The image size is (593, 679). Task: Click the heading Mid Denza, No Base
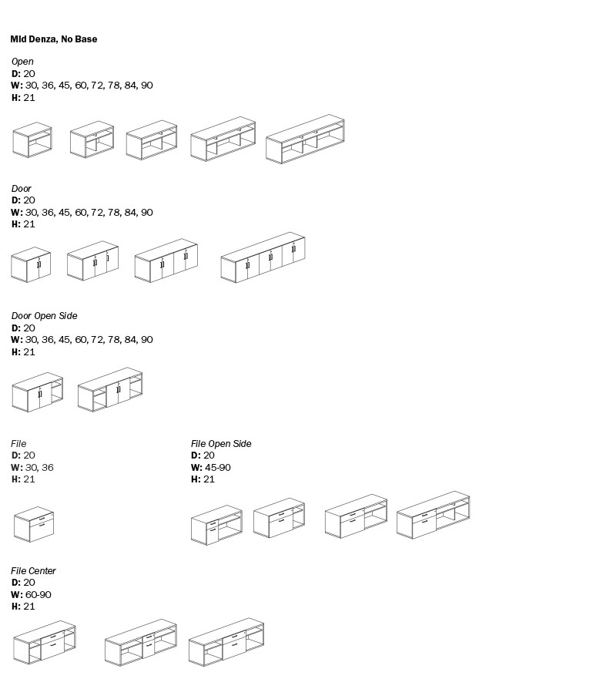tap(54, 39)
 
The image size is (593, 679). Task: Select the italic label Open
tap(22, 62)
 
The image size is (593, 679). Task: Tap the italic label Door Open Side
tap(44, 316)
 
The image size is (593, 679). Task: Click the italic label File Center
tap(33, 571)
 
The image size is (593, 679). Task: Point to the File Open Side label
tap(221, 444)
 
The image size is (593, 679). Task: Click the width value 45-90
tap(218, 468)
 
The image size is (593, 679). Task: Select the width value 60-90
tap(38, 595)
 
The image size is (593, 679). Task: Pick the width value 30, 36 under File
tap(39, 468)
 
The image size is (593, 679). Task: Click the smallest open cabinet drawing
tap(32, 140)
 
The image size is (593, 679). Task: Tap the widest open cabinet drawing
tap(305, 139)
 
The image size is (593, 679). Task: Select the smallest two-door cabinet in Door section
tap(31, 264)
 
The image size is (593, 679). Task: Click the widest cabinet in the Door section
tap(263, 257)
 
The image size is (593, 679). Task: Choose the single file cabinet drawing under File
tap(33, 524)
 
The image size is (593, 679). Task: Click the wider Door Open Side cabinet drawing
tap(110, 389)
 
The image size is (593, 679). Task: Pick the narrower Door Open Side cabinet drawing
tap(38, 392)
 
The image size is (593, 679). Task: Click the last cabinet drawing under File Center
tap(226, 641)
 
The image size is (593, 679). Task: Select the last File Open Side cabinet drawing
tap(433, 515)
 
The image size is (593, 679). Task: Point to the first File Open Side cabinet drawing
tap(216, 525)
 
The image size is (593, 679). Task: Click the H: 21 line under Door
tap(23, 224)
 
